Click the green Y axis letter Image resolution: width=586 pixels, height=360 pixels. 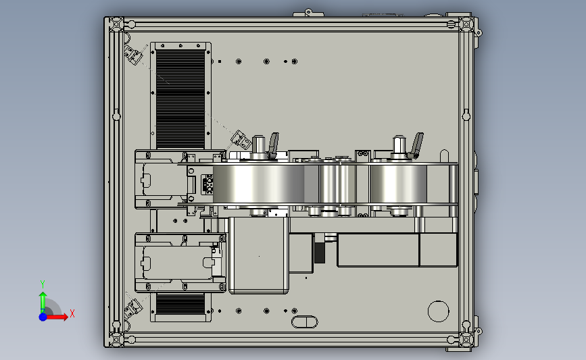(x=43, y=284)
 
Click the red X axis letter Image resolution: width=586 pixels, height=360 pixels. (x=72, y=313)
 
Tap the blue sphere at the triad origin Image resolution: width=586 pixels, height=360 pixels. (x=43, y=317)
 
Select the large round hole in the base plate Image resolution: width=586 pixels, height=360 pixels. (x=439, y=311)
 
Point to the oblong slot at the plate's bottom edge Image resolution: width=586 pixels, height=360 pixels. (x=305, y=322)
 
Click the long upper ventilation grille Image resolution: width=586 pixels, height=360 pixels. (x=180, y=99)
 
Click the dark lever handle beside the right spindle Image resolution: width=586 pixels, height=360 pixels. (x=416, y=145)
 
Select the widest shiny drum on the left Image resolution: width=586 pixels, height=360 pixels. (x=259, y=184)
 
